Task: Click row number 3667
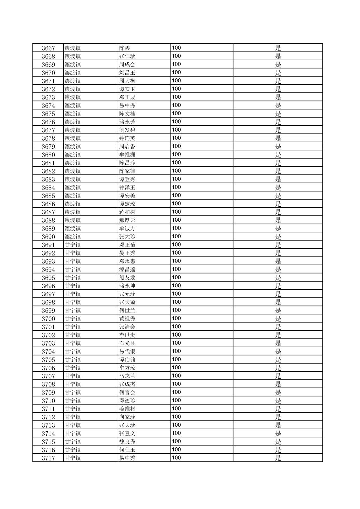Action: click(x=48, y=48)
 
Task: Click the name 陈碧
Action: click(x=124, y=48)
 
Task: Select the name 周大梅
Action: click(x=127, y=81)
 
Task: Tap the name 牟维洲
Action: click(x=127, y=155)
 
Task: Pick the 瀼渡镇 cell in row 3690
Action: click(x=73, y=237)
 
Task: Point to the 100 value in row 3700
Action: click(x=176, y=318)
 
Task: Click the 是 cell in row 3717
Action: click(x=278, y=458)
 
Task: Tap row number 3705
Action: click(x=48, y=360)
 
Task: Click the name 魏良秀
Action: click(x=127, y=442)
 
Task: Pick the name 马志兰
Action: click(x=127, y=376)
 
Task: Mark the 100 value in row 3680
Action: click(x=176, y=154)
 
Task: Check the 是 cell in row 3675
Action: click(x=278, y=114)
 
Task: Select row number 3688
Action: click(x=48, y=220)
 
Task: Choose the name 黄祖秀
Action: click(x=127, y=319)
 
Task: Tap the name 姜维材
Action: click(x=127, y=409)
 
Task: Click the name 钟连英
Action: click(x=127, y=138)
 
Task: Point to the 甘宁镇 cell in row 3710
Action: click(x=73, y=401)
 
